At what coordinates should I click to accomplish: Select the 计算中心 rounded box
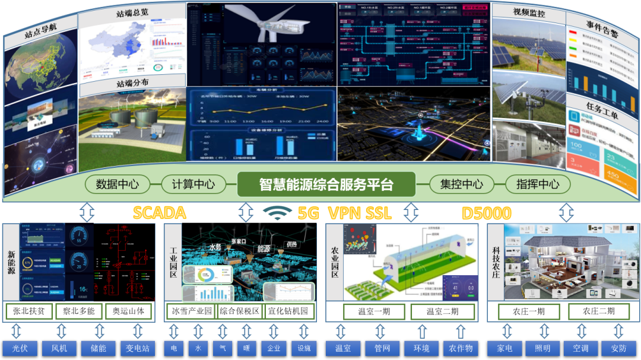192,184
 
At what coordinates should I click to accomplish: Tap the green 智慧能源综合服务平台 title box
326,184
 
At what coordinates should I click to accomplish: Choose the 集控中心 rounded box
455,184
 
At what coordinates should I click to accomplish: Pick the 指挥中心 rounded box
538,184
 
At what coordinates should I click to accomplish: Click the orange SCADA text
159,213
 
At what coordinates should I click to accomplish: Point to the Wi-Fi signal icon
278,212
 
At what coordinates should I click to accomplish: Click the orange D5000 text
486,213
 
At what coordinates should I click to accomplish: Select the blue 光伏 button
20,348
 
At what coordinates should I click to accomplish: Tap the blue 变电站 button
137,348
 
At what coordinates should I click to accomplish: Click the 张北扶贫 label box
29,311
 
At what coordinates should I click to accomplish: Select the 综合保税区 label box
239,311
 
